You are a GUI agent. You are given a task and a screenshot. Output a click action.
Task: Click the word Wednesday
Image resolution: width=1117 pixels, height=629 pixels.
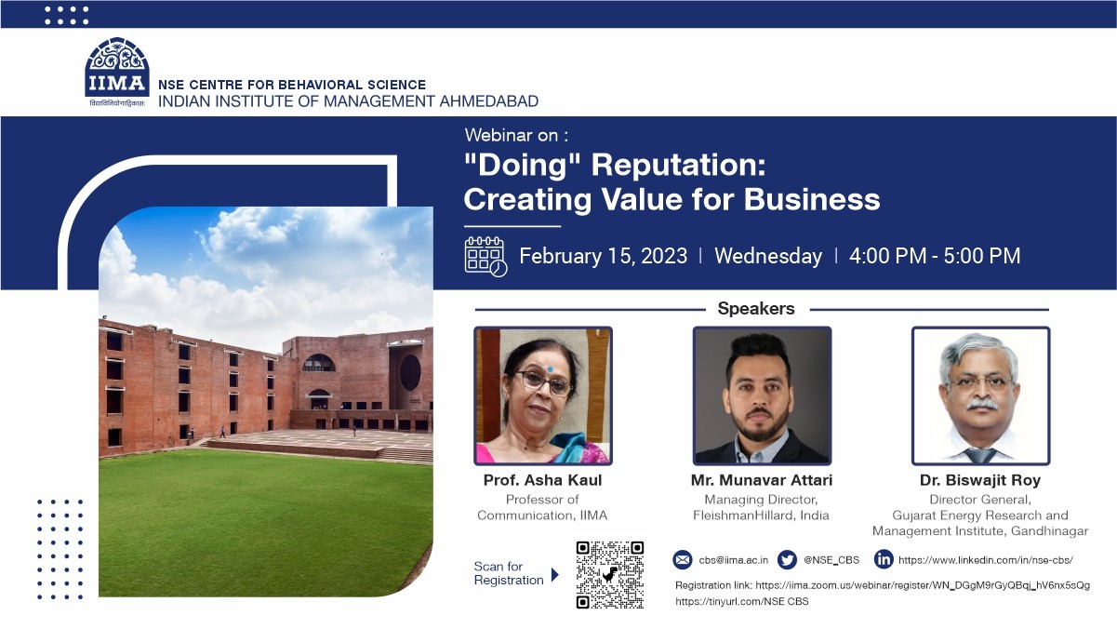768,256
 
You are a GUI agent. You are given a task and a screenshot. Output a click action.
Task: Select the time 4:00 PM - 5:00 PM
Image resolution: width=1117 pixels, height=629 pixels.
935,256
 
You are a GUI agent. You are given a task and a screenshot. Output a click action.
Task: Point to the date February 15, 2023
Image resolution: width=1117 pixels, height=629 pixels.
604,256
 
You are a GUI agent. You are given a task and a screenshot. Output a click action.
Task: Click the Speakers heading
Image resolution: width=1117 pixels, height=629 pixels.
756,308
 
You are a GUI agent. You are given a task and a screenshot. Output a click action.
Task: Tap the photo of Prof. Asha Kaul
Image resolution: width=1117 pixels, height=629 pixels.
543,395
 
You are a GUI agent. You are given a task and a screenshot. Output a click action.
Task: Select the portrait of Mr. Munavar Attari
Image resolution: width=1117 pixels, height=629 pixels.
762,395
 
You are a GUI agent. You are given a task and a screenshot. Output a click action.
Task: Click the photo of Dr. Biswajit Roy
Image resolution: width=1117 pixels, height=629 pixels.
981,395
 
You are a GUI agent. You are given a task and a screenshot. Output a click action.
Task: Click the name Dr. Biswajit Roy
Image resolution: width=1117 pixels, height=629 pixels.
980,480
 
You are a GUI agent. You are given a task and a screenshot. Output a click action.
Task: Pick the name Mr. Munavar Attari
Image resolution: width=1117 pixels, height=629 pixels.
762,480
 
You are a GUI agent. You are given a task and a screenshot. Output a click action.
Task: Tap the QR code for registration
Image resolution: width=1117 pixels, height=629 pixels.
610,575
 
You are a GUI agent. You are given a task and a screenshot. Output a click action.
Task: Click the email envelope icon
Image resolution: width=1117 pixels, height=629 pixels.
683,559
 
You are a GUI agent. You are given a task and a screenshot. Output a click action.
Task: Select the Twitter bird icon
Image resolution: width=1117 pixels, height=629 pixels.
787,559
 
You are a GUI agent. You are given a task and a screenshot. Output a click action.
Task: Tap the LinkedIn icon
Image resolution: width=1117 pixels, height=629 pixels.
884,559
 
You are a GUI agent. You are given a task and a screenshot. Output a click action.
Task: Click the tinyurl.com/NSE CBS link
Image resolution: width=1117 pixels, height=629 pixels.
742,602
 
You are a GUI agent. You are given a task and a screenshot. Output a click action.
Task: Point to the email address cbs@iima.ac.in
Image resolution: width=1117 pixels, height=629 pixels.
734,560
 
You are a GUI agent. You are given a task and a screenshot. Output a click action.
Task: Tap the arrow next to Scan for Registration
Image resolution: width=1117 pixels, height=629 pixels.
555,575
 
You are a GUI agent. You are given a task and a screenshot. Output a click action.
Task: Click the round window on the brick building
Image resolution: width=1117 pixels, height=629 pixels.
410,372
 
